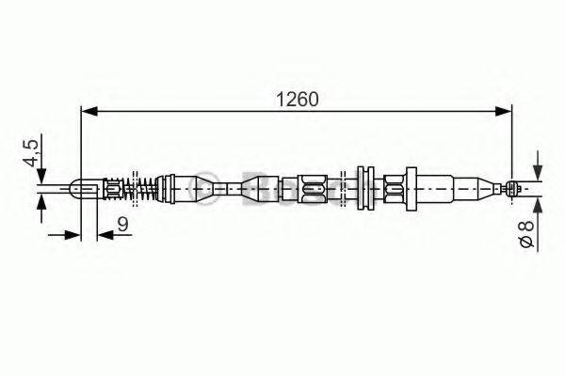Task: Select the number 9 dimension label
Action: tap(122, 223)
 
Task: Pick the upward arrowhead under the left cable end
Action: tap(41, 204)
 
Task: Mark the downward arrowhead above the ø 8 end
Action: tap(537, 173)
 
